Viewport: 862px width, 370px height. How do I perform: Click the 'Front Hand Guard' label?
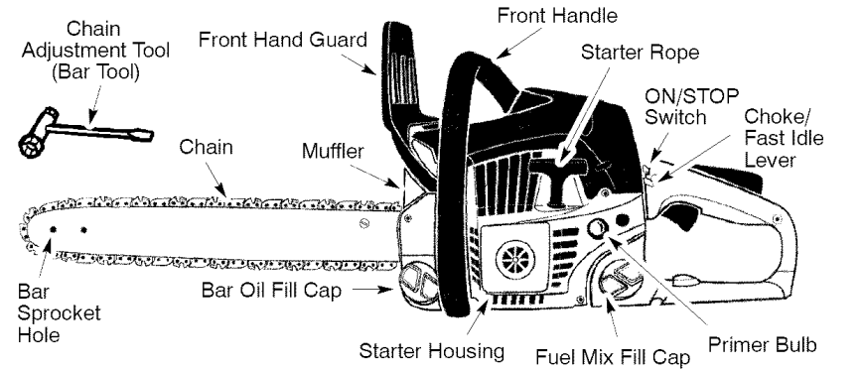[x=282, y=41]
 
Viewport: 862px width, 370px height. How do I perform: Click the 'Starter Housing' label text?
[x=434, y=349]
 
